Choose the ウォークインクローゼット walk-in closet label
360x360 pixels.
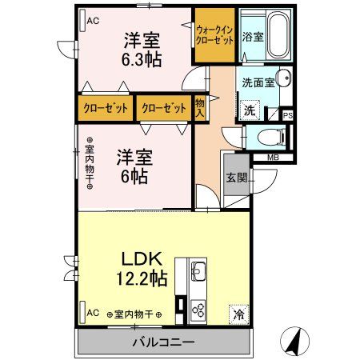[x=214, y=35]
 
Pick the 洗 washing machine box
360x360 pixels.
[x=250, y=110]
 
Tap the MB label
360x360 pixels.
[x=273, y=158]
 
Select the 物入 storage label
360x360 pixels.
[x=200, y=107]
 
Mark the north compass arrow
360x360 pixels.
[x=295, y=342]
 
